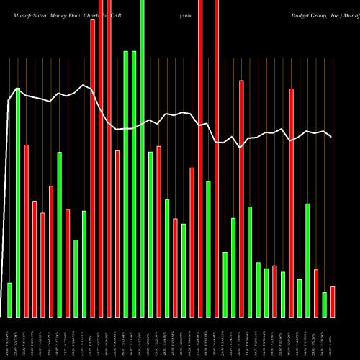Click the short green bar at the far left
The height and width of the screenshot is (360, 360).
9,300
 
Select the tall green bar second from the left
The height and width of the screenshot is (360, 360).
18,202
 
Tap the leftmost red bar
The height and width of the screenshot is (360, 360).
26,230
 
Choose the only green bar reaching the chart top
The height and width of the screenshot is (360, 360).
142,158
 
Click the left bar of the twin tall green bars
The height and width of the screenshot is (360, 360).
125,184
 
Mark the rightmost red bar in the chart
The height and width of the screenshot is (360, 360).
332,301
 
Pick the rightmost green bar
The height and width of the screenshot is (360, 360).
324,305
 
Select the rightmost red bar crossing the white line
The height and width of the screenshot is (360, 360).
291,202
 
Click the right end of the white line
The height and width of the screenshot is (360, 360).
331,136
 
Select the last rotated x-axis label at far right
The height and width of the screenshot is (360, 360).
332,338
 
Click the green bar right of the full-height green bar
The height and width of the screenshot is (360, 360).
150,234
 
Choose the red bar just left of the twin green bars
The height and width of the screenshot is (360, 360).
117,233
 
